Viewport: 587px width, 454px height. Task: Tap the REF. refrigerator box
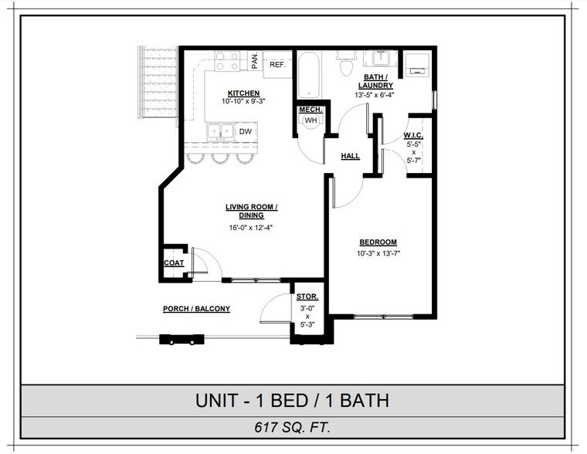point(277,65)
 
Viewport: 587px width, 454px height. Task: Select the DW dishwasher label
point(245,132)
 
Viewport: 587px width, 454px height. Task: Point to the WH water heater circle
point(310,121)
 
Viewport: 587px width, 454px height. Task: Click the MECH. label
point(310,110)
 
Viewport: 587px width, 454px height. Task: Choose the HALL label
point(350,156)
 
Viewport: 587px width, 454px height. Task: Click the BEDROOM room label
point(378,242)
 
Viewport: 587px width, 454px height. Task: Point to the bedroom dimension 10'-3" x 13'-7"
point(378,253)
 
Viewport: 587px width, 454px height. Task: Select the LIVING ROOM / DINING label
point(251,211)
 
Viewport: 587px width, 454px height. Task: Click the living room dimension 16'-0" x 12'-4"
point(250,228)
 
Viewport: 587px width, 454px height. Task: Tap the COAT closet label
point(174,263)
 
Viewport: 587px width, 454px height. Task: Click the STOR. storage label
point(307,297)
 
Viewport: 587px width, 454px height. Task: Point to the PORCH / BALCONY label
point(196,309)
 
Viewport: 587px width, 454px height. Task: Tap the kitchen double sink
point(221,132)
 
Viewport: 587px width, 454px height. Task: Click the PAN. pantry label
point(255,61)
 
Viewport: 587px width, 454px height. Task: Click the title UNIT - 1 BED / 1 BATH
point(293,401)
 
